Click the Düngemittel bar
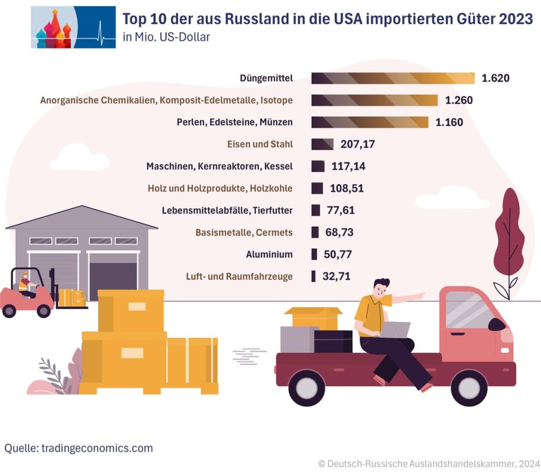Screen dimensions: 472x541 [393, 78]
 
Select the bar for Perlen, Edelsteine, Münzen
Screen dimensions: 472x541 [370, 122]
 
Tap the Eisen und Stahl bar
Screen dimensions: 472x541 [322, 144]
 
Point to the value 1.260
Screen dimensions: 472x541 [459, 100]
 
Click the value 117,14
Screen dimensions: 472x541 [348, 166]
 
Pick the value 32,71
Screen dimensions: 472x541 [337, 276]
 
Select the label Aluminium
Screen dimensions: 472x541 [269, 254]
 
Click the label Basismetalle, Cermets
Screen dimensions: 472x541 [244, 233]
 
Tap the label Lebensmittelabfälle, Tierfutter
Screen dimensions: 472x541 [227, 210]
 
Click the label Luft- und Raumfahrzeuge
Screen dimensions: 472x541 [239, 276]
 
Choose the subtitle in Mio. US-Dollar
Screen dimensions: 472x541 [166, 37]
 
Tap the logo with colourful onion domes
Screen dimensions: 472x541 [73, 27]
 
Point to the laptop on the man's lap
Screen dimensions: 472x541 [395, 329]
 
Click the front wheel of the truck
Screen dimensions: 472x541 [469, 388]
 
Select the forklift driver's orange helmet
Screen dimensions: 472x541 [24, 274]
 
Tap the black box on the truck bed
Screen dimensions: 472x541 [333, 341]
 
